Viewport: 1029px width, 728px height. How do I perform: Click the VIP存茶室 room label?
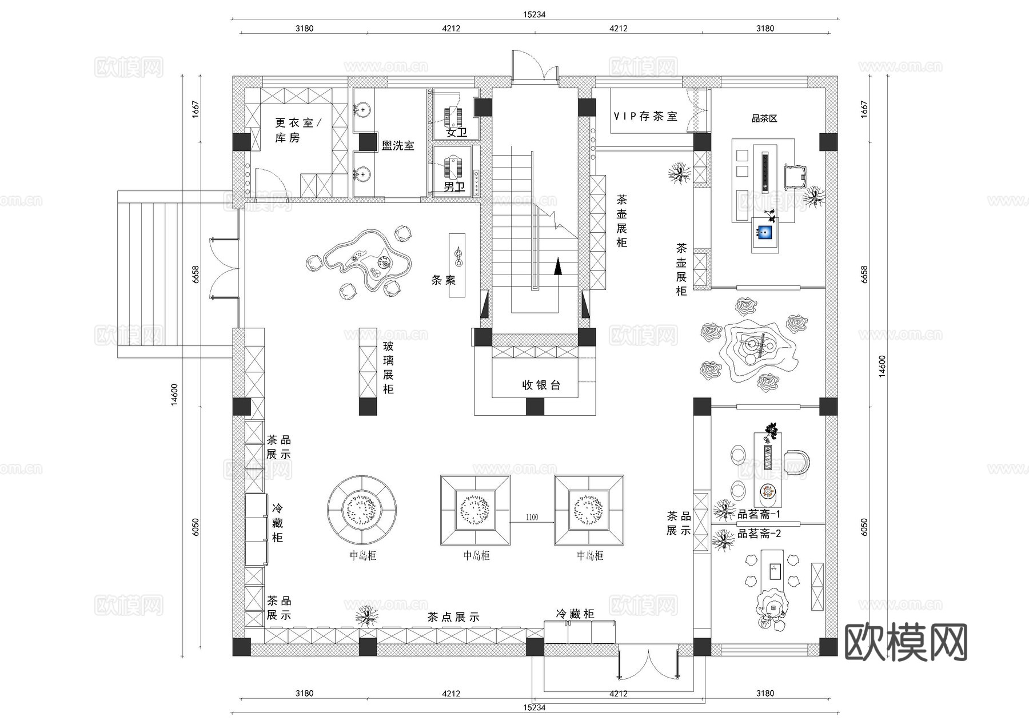tap(645, 116)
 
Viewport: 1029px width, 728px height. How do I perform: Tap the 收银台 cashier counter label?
tap(541, 385)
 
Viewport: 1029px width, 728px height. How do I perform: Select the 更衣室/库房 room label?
tap(297, 130)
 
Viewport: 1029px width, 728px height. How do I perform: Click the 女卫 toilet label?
tap(456, 133)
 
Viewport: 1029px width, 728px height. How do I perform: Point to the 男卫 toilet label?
tap(454, 187)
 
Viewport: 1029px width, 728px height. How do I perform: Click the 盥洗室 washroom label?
tap(398, 146)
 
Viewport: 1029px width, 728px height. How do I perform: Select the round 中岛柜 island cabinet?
tap(362, 508)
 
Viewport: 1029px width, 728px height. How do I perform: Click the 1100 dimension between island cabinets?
tap(532, 517)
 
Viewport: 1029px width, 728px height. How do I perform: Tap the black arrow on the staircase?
tap(557, 266)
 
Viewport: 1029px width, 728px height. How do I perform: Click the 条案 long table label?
tap(443, 280)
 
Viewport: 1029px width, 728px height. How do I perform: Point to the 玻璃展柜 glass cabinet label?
tap(388, 368)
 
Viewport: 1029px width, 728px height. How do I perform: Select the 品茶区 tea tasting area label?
tap(764, 118)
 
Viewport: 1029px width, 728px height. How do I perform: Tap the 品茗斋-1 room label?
tap(759, 514)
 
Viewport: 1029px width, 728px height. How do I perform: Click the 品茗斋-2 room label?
tap(759, 534)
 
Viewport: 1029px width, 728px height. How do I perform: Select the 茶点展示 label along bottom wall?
tap(453, 617)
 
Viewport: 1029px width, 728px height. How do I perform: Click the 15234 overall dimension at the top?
tap(534, 14)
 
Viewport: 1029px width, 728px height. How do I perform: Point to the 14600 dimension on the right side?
tap(882, 366)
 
